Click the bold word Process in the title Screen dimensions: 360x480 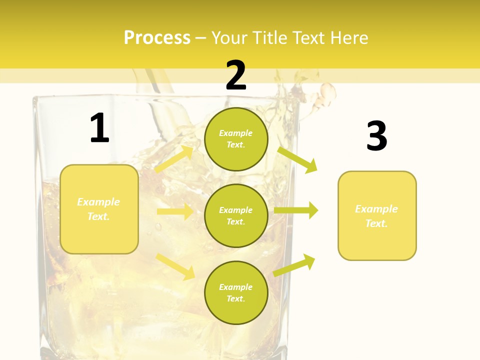157,38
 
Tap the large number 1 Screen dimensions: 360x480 99,128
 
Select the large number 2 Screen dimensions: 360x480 236,75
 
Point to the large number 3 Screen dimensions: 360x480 376,136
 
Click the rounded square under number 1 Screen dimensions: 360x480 99,209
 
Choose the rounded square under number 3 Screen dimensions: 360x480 377,216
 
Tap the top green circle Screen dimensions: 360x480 236,139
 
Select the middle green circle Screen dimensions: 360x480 236,216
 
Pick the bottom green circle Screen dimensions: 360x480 236,293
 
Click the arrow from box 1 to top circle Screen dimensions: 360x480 174,159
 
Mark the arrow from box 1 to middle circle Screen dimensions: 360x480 175,211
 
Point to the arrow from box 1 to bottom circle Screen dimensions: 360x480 175,266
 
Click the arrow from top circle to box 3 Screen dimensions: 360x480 297,159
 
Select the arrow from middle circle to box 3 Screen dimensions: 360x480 296,210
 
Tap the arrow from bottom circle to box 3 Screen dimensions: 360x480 294,265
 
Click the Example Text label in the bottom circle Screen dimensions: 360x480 236,293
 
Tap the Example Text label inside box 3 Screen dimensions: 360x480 376,216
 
